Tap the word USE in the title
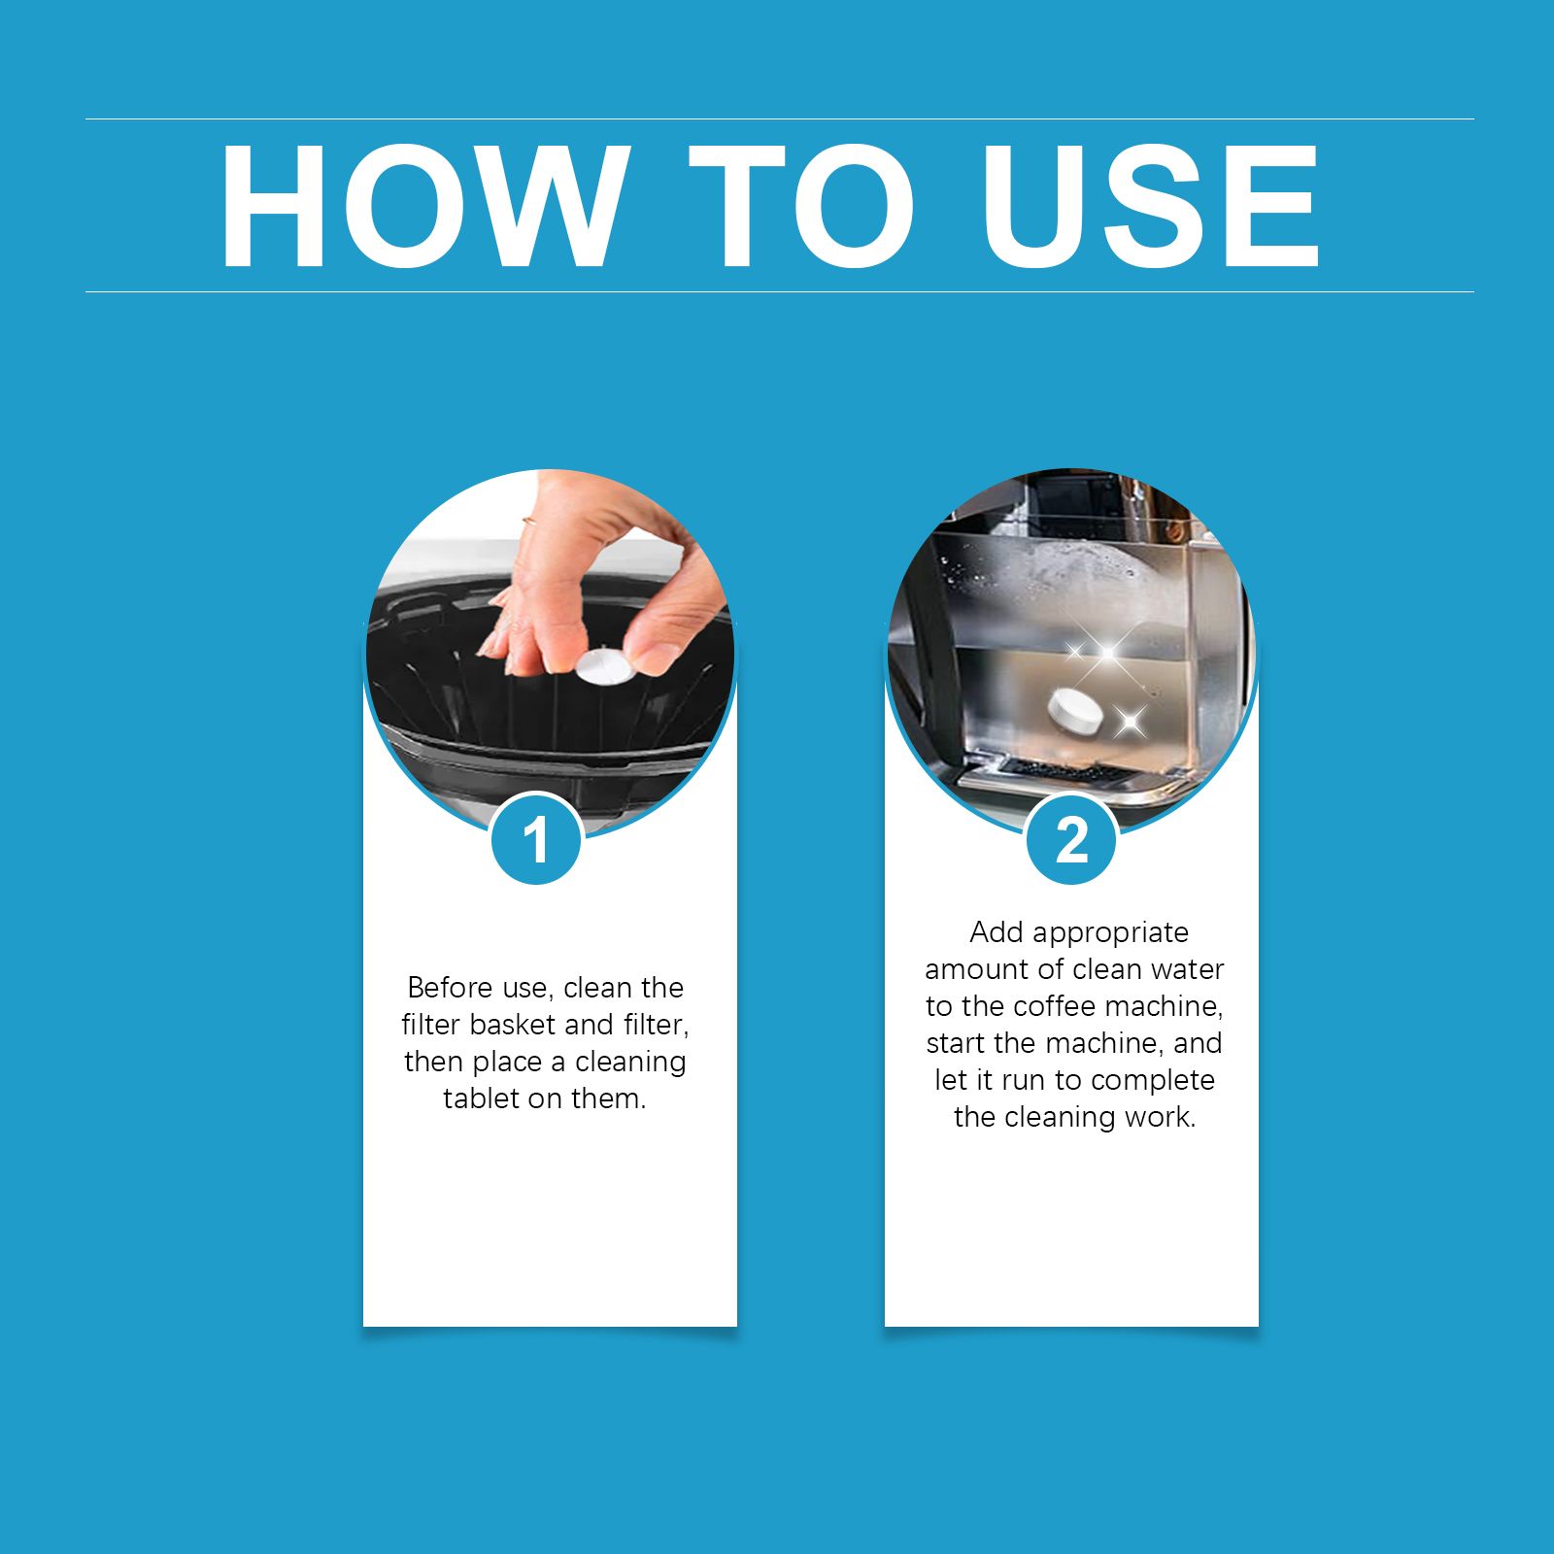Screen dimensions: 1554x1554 [x=1150, y=206]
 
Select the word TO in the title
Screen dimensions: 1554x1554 [x=802, y=206]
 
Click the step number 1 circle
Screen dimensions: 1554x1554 [x=536, y=838]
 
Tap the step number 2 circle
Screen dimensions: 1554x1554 [x=1071, y=838]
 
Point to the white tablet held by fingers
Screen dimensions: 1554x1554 [x=604, y=667]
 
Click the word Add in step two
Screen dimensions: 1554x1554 [x=996, y=932]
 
